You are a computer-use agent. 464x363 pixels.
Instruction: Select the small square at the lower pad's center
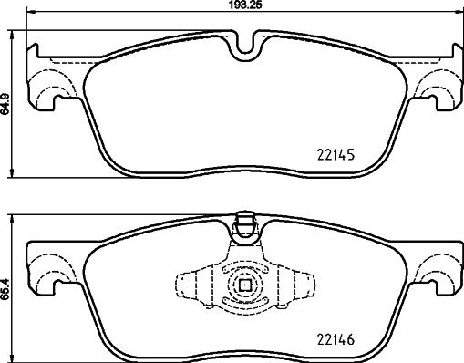(243, 285)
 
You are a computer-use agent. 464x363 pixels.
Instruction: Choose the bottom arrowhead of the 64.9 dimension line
(13, 175)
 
